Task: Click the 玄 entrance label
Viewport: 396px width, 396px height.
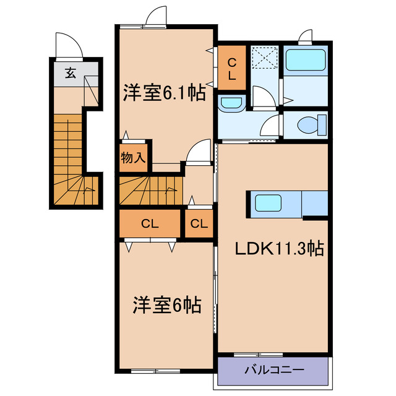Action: pos(71,73)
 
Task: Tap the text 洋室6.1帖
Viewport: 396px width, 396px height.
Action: pos(164,93)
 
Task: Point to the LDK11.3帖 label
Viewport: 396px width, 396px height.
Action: pos(279,248)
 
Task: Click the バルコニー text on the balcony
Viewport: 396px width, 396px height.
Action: pos(273,371)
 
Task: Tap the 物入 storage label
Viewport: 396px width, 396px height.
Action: pos(133,158)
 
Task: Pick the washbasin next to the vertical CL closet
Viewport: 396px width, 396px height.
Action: pos(232,104)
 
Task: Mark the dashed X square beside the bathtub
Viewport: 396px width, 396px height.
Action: pos(265,60)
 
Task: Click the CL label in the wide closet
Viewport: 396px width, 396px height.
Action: pos(150,224)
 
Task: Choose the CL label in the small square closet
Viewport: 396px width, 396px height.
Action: pos(199,224)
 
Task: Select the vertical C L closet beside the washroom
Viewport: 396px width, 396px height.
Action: pos(231,69)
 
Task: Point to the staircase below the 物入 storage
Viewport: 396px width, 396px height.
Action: pos(151,188)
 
